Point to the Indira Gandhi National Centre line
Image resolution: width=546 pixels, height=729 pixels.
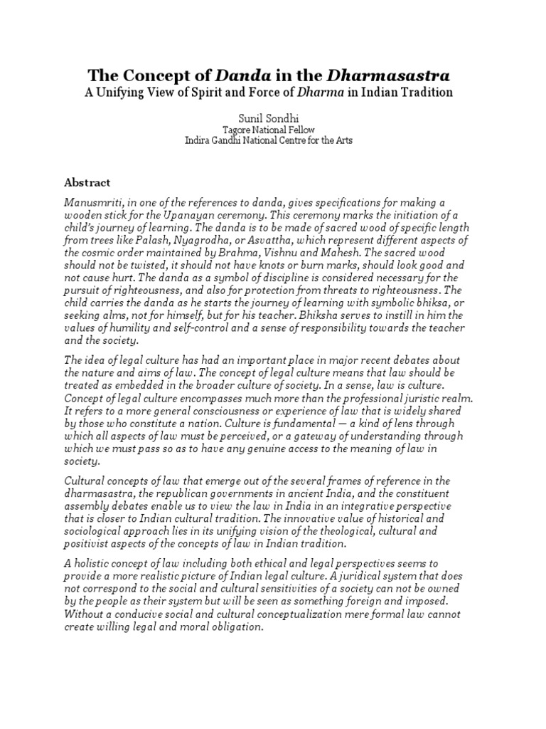click(268, 141)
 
